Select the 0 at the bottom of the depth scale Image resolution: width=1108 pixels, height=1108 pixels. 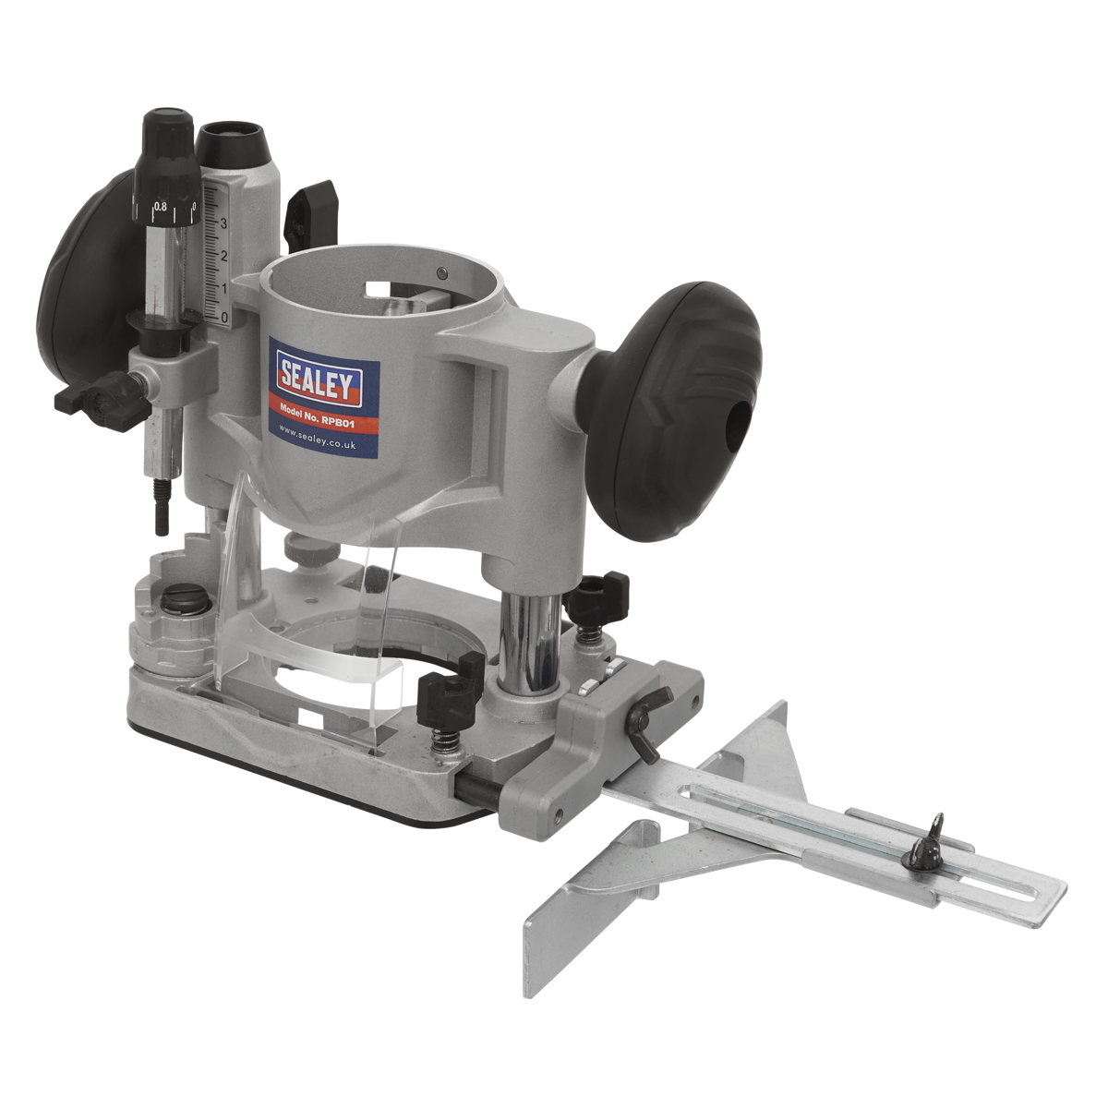coord(225,317)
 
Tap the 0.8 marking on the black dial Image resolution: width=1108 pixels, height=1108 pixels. coord(162,207)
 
